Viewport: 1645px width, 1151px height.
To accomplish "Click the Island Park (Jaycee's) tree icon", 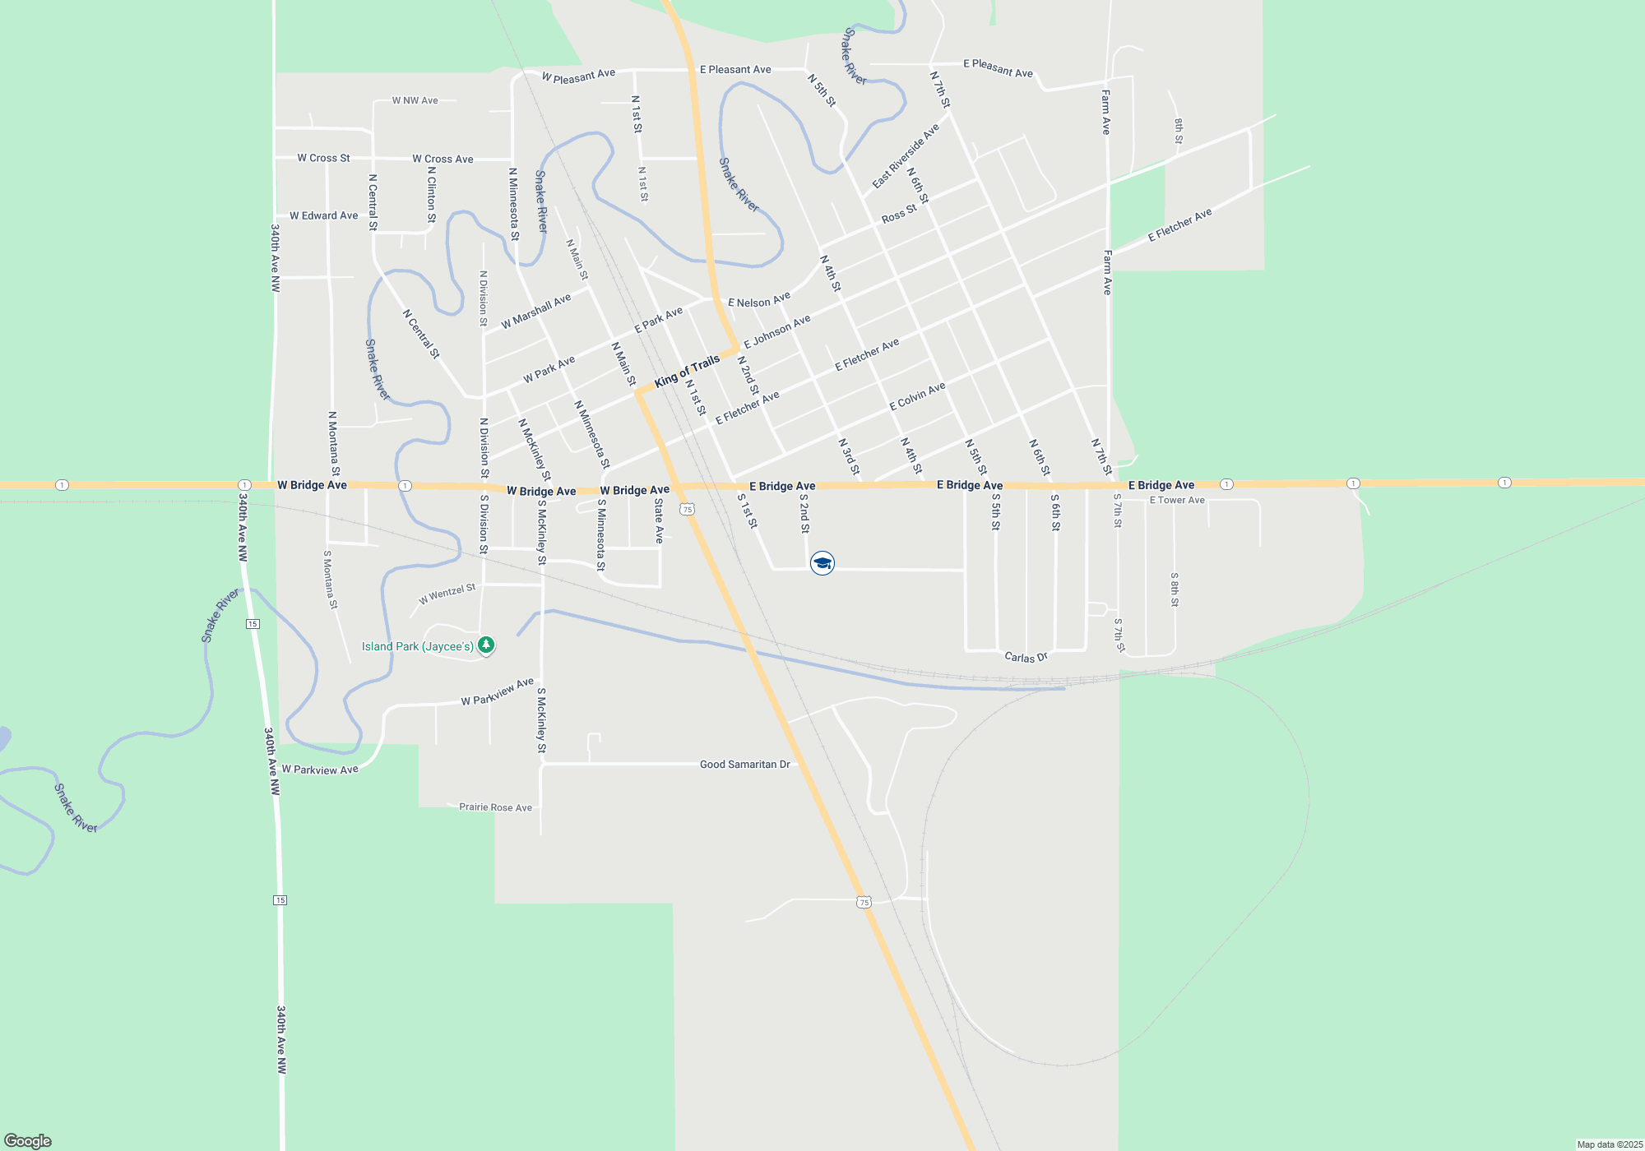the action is click(486, 645).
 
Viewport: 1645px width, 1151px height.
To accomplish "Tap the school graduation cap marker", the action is click(822, 563).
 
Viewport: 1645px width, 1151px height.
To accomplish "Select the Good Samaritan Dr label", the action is click(744, 765).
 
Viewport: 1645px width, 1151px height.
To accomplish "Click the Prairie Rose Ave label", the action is click(495, 807).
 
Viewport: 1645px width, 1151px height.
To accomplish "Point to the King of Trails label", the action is click(687, 371).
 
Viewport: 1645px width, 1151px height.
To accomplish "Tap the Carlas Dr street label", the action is click(1026, 657).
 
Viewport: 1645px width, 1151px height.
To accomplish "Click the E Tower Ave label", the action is click(1177, 500).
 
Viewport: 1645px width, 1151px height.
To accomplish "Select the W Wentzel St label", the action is click(447, 594).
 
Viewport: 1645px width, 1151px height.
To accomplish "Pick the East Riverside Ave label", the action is click(906, 156).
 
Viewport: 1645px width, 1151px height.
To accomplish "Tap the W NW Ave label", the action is click(415, 100).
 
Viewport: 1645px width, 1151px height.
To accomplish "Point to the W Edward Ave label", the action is click(323, 215).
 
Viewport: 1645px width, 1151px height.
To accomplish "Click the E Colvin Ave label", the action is click(917, 396).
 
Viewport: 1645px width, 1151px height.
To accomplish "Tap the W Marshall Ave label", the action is click(535, 312).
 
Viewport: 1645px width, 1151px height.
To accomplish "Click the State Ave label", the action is click(659, 520).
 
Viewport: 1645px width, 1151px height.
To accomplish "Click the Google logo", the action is click(28, 1140).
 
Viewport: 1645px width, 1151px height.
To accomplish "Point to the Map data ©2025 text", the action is click(1610, 1144).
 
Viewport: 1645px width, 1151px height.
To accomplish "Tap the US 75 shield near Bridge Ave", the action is click(688, 510).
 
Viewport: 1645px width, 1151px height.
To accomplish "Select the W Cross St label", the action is click(323, 158).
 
